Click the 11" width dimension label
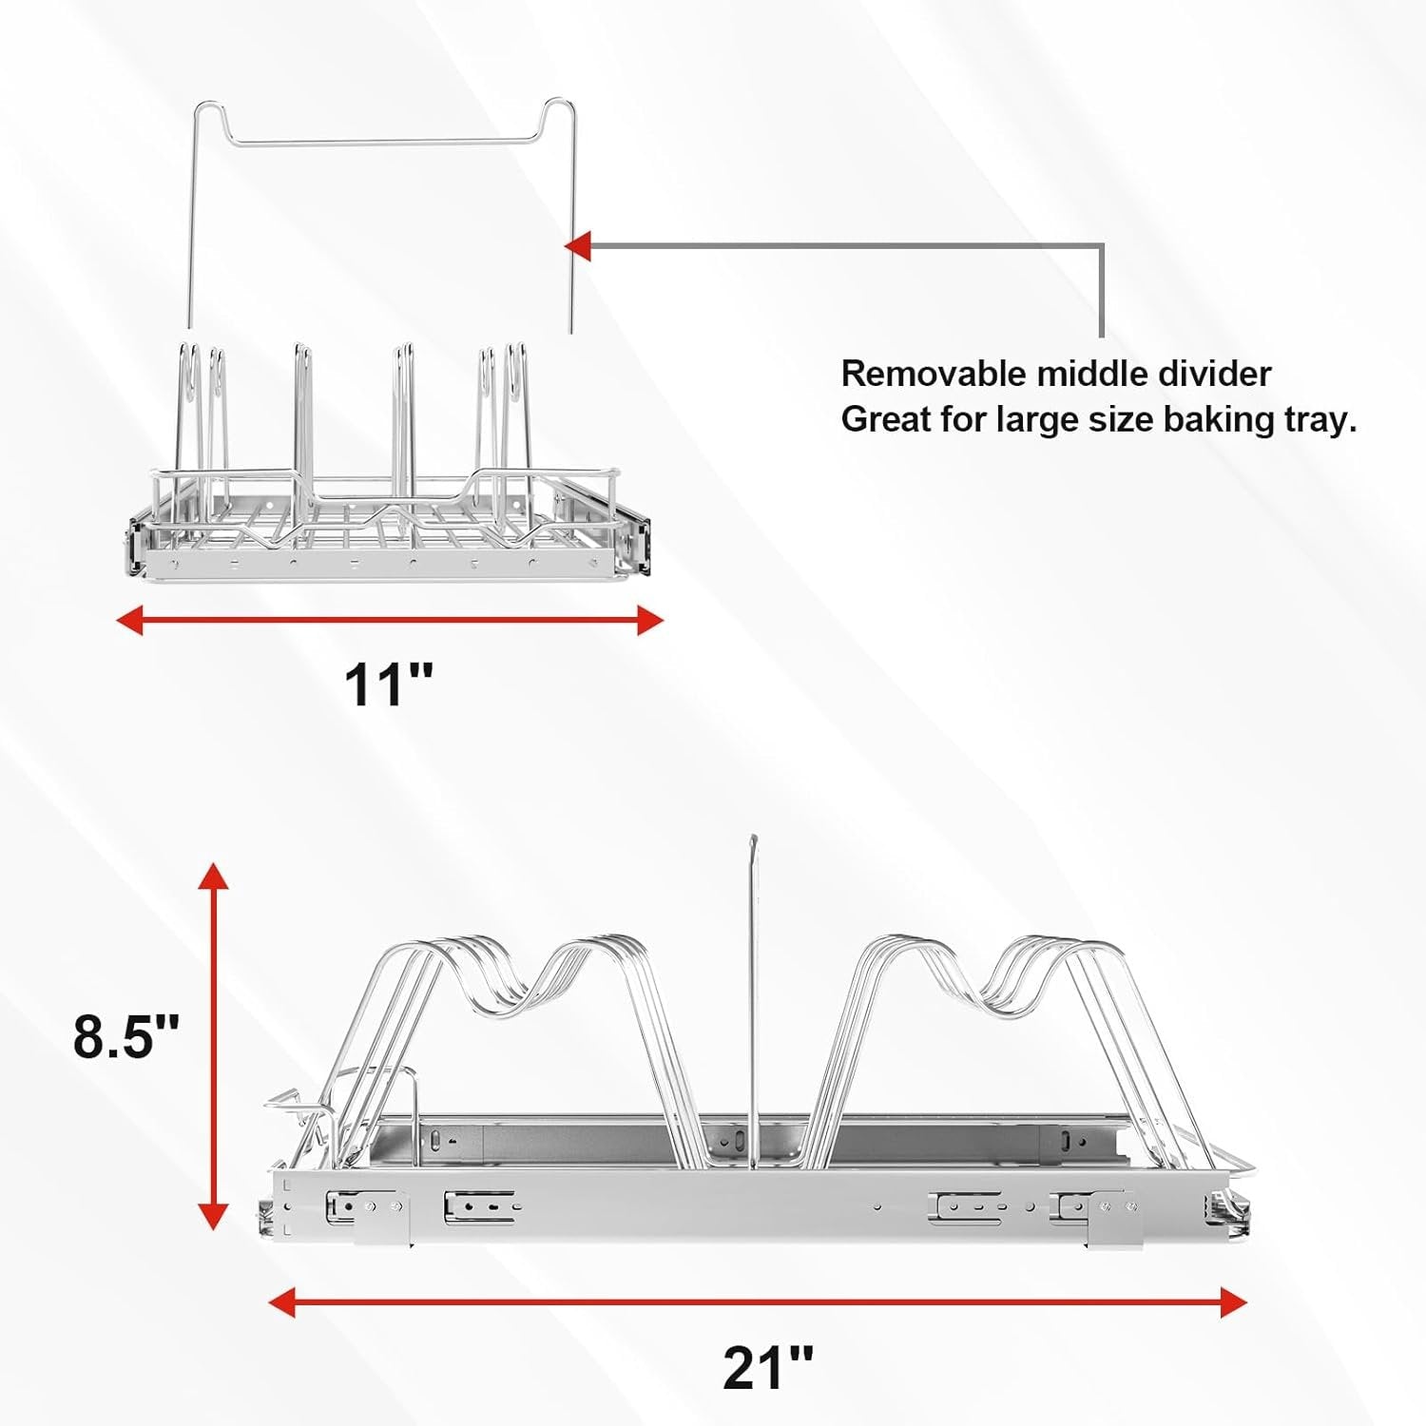388,684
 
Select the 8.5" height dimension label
126,1035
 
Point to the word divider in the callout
1216,374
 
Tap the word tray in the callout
1320,419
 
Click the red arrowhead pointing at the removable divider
578,246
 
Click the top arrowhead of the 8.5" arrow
213,876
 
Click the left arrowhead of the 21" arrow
282,1302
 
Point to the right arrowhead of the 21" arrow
1233,1302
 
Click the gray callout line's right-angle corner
1102,246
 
